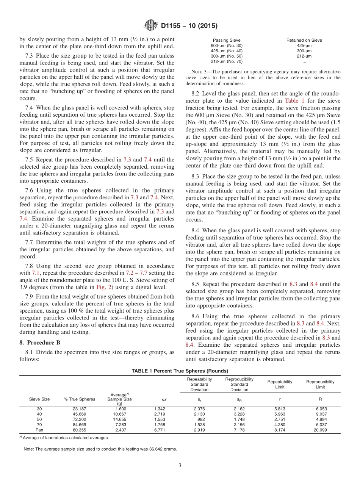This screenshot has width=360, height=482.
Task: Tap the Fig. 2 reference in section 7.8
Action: tap(103, 287)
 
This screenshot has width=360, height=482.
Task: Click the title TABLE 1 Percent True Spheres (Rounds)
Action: tap(180, 371)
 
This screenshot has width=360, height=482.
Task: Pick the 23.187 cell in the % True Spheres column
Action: tap(80, 409)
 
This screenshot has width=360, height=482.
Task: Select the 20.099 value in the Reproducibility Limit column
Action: tap(320, 430)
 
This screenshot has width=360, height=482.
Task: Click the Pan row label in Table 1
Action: tap(39, 430)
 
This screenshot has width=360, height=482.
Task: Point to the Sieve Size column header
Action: tap(39, 399)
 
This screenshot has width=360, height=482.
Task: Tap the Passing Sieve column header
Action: tap(226, 40)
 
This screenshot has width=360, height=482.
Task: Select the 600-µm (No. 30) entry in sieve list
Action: tap(226, 45)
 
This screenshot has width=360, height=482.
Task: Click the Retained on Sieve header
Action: tap(304, 40)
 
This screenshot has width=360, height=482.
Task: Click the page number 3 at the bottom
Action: tap(180, 465)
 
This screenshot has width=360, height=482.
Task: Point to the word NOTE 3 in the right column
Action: tap(198, 72)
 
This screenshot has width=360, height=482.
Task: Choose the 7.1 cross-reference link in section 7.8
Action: tap(35, 273)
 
